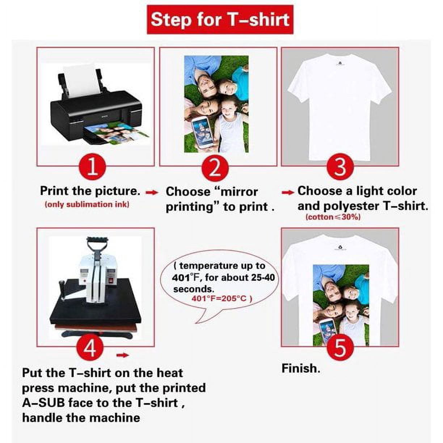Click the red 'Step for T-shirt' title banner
click(220, 20)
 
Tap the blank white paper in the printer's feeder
click(81, 80)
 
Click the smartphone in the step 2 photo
click(201, 132)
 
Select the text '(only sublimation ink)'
click(87, 204)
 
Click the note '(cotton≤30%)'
click(333, 217)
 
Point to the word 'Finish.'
click(301, 368)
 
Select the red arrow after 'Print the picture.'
click(152, 193)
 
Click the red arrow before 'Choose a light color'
click(288, 193)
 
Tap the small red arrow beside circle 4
click(123, 355)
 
